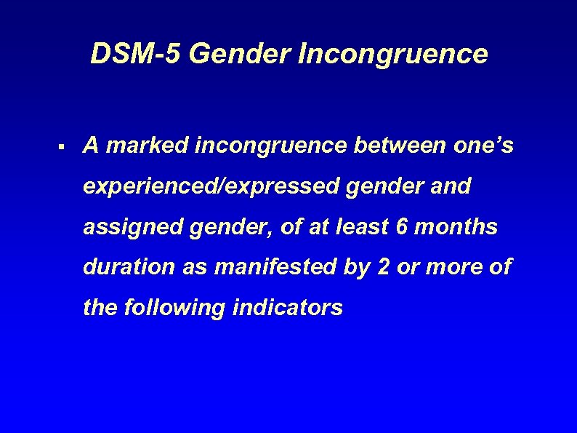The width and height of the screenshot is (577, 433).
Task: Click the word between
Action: tap(395, 146)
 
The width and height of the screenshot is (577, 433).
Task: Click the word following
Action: tap(175, 309)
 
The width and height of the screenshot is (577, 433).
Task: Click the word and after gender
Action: tap(453, 187)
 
